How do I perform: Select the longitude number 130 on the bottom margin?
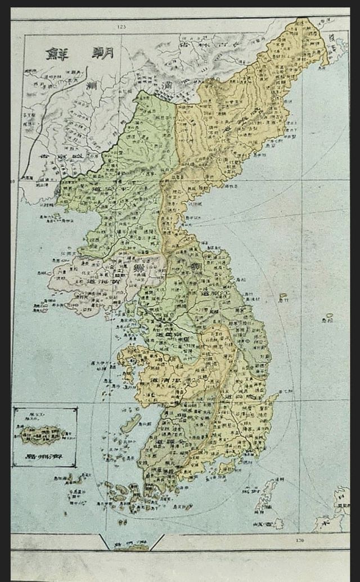pyautogui.click(x=299, y=540)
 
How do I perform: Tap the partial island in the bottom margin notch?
pyautogui.click(x=132, y=546)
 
